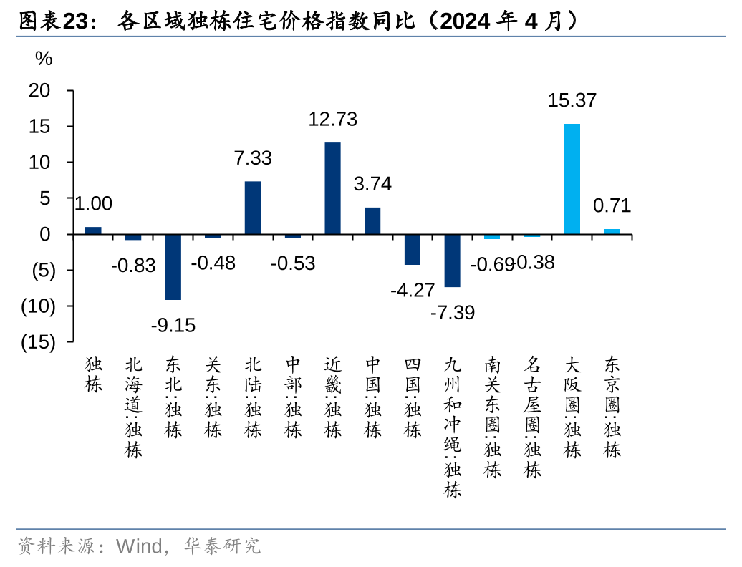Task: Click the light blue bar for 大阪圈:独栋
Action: tap(572, 179)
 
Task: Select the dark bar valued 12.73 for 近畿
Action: tap(333, 188)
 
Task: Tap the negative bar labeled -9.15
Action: tap(173, 267)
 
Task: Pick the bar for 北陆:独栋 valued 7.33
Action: tap(253, 208)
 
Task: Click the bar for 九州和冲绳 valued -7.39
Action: tap(453, 261)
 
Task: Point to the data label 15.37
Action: tap(572, 101)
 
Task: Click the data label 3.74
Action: tap(372, 184)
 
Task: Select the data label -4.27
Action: tap(413, 290)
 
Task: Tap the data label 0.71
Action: tap(612, 206)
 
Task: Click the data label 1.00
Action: tap(94, 204)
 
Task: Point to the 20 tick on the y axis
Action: tap(40, 91)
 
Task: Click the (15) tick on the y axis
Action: tap(38, 342)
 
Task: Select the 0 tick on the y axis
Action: tap(45, 234)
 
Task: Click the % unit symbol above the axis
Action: tap(44, 59)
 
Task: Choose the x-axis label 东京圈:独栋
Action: tap(612, 407)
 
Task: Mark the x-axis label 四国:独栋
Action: tap(413, 398)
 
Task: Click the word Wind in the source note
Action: tap(139, 547)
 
